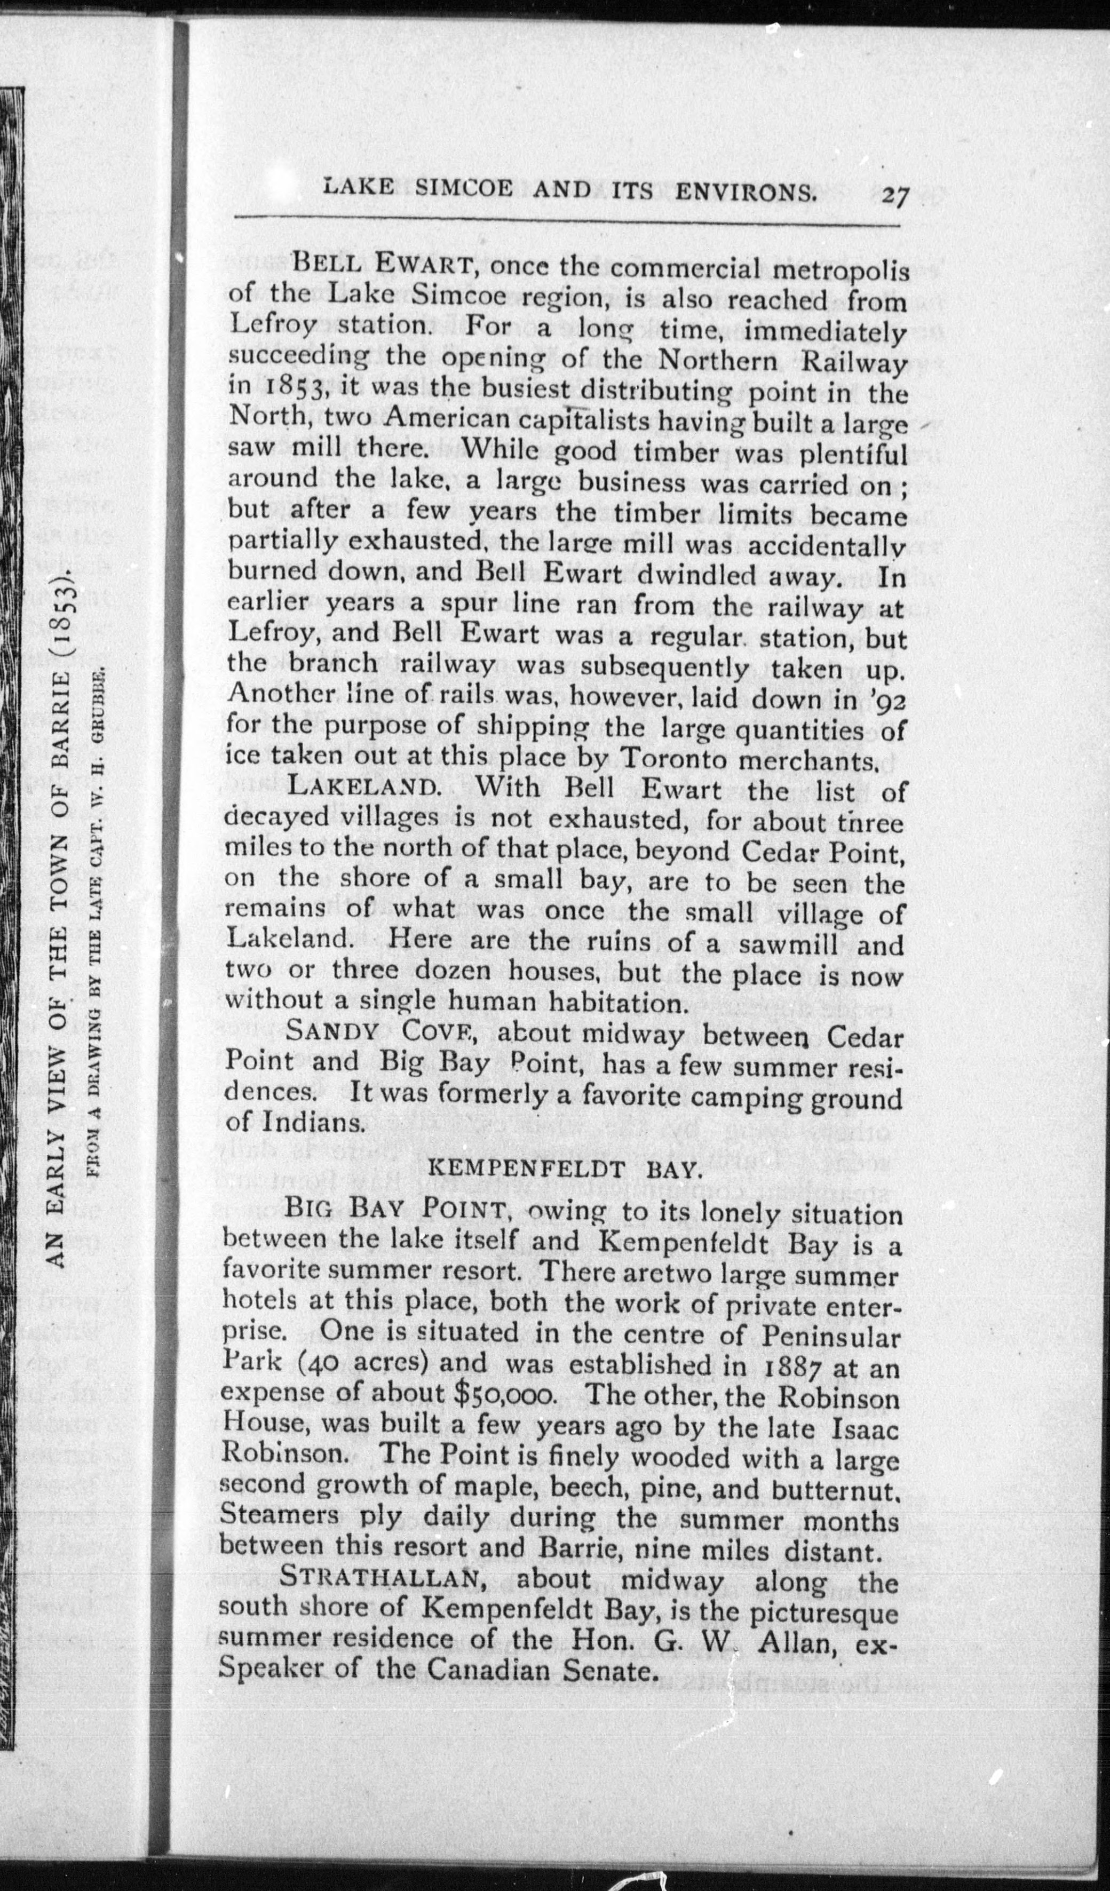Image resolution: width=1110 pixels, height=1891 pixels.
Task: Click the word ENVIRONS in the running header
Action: pyautogui.click(x=746, y=192)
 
